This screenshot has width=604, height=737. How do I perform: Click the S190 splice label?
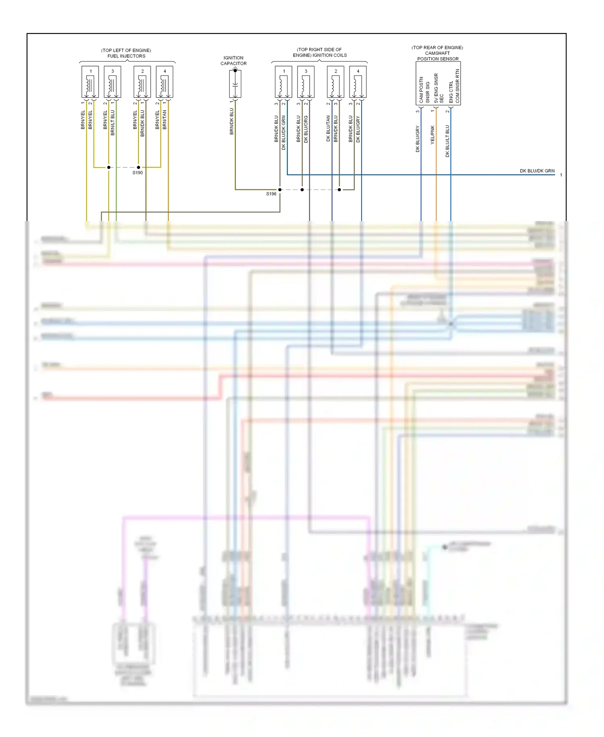138,173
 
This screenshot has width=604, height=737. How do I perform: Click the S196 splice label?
271,194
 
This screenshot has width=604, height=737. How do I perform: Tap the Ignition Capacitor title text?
234,60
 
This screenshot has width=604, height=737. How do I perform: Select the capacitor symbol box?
235,84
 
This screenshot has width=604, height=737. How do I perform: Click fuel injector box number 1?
90,82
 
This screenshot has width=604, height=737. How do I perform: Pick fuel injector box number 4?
164,82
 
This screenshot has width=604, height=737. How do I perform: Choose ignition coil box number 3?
306,82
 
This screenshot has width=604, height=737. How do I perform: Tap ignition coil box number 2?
335,82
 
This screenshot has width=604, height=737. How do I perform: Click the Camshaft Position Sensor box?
438,83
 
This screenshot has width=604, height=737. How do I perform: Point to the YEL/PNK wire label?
433,135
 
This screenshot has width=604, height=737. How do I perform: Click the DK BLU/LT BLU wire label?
447,141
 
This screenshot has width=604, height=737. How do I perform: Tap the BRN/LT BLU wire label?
113,123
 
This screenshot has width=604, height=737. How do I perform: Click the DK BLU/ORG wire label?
306,129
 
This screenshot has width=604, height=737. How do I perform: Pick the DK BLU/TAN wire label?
328,128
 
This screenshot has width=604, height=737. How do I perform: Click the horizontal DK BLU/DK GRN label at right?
537,171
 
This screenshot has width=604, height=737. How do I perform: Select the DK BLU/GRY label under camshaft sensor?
418,139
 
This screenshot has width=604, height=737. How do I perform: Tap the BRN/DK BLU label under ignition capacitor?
232,121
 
